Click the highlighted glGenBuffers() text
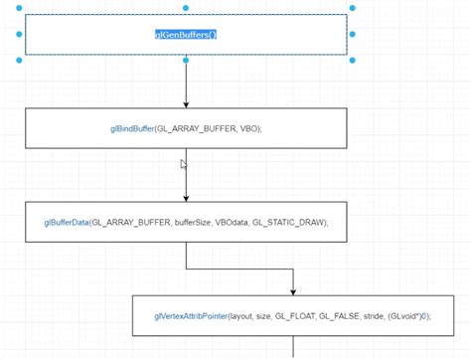tap(186, 34)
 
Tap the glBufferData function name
tap(67, 223)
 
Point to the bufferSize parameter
tap(193, 223)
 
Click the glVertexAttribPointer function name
tap(191, 316)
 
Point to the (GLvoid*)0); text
tap(412, 316)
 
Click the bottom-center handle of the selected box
tap(186, 60)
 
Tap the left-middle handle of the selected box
tap(19, 34)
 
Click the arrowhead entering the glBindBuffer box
tap(186, 104)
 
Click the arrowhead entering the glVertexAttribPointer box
tap(294, 291)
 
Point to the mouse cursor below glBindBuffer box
tap(184, 165)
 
